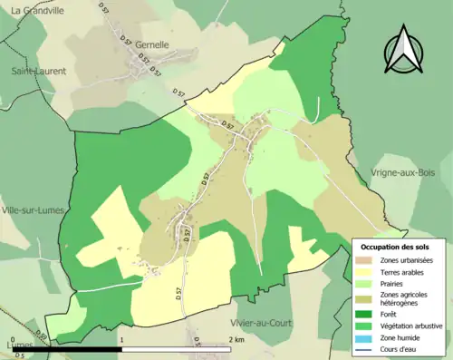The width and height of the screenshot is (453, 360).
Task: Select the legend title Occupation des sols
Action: pos(398,246)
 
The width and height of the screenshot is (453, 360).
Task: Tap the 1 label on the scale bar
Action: pos(120,339)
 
